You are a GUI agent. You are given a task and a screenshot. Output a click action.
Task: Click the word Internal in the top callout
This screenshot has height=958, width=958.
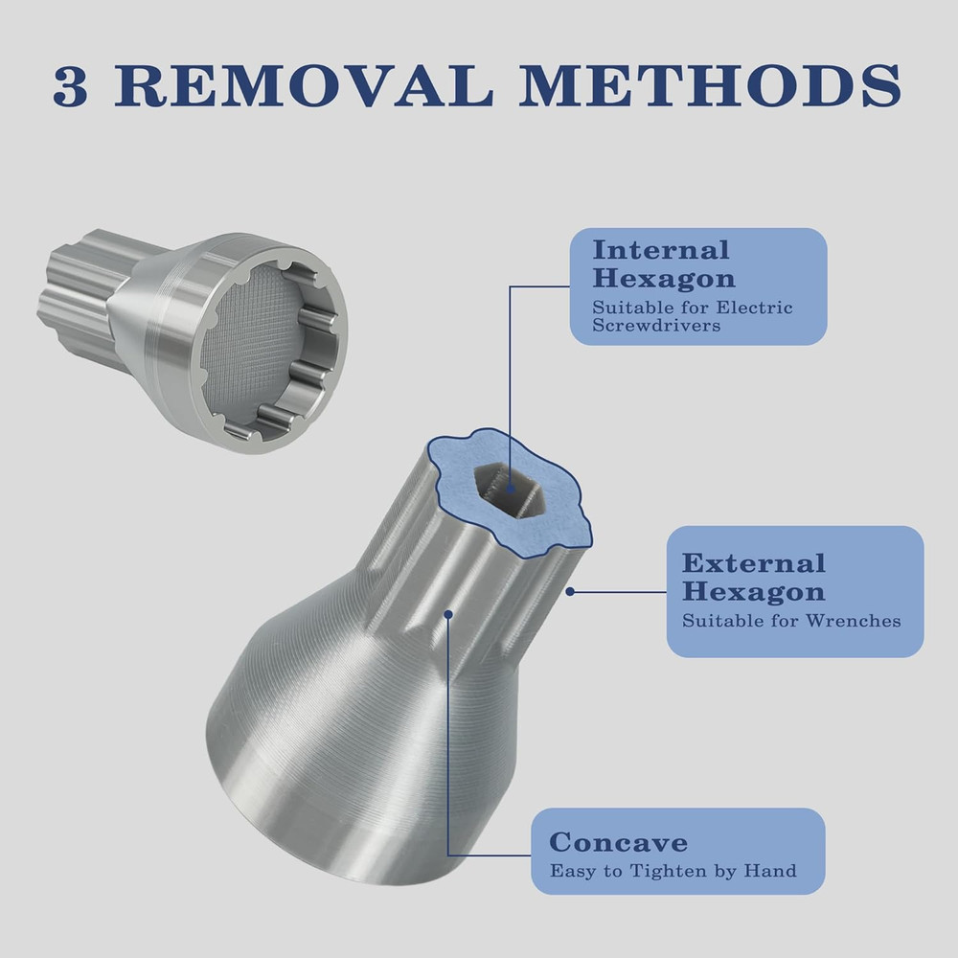pos(660,251)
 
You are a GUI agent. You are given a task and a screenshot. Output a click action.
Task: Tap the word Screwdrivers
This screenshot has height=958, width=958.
pos(656,326)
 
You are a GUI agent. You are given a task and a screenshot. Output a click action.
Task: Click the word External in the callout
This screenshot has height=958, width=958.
pos(753,563)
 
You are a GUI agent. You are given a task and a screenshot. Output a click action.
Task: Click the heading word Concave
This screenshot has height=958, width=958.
pos(618,843)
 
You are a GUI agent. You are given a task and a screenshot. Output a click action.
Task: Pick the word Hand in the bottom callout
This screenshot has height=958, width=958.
pos(772,871)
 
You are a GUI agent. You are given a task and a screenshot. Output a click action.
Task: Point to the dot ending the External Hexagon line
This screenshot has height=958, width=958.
pos(570,592)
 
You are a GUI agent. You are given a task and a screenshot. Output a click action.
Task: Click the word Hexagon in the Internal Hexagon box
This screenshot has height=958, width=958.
pos(663,279)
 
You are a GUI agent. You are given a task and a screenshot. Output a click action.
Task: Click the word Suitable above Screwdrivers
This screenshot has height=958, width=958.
pos(625,308)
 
